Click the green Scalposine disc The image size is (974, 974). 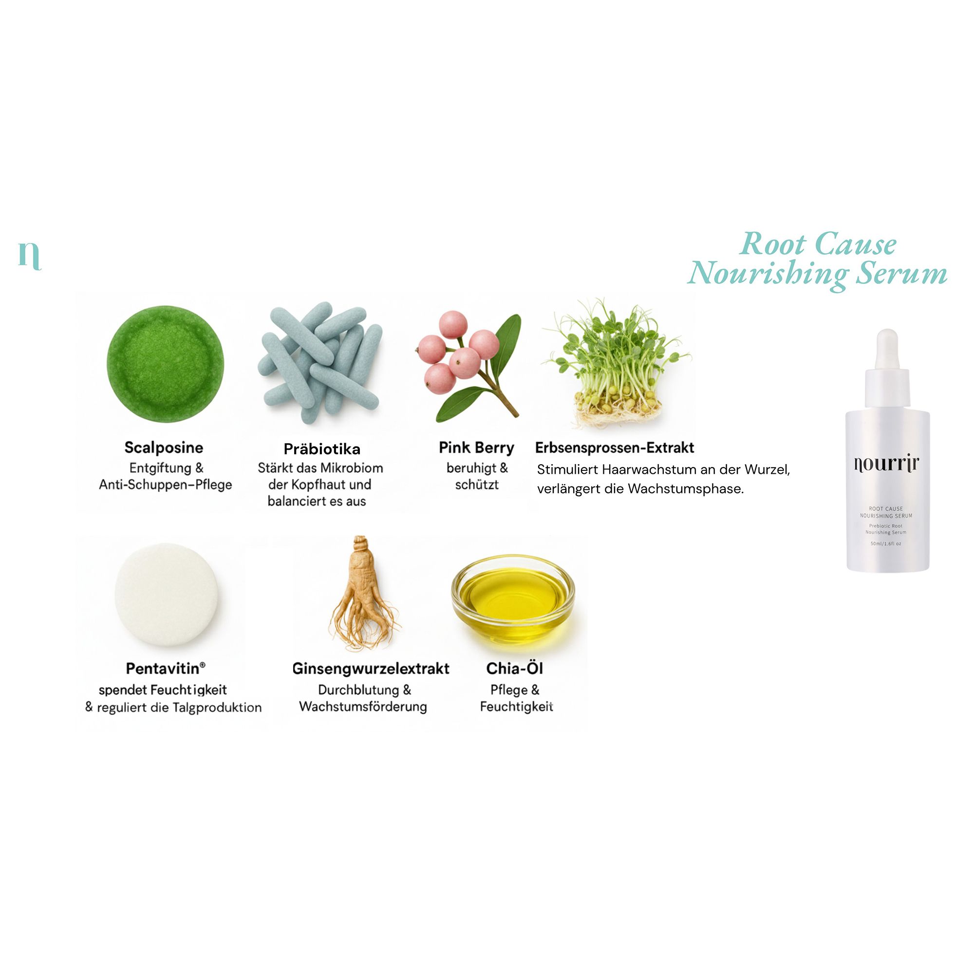click(x=165, y=363)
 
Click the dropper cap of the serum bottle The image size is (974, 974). click(x=887, y=368)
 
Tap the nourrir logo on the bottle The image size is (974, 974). click(x=887, y=464)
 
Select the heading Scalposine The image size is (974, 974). click(x=164, y=447)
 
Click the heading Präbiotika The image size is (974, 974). click(x=321, y=449)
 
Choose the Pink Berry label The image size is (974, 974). click(x=476, y=447)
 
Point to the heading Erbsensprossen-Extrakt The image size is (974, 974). click(x=615, y=447)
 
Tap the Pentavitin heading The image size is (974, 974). click(x=166, y=669)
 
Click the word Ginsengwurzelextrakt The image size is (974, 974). click(x=371, y=669)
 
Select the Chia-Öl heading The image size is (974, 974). click(x=514, y=668)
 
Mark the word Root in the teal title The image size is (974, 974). click(x=774, y=244)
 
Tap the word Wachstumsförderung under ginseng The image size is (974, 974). click(x=363, y=706)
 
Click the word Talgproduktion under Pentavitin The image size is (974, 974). click(x=217, y=707)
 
